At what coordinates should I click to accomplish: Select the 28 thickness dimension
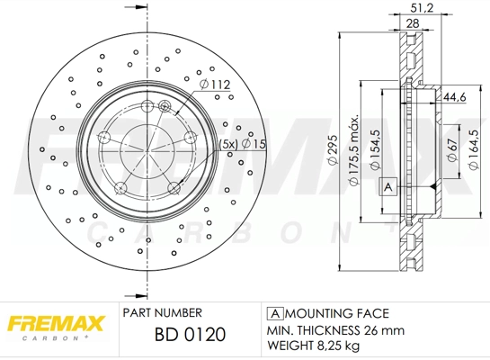pos(413,24)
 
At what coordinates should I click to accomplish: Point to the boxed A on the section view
pos(388,186)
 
